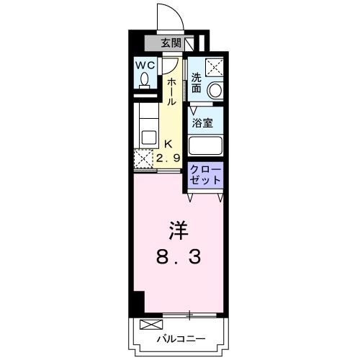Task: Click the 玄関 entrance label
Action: pos(171,42)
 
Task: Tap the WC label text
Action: pos(146,66)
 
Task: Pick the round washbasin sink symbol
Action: pos(215,91)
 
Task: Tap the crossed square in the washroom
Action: pos(215,67)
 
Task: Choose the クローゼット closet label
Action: pos(206,176)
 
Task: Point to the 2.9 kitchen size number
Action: pos(171,157)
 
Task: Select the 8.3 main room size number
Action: pos(178,257)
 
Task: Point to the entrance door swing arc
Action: pos(163,14)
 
